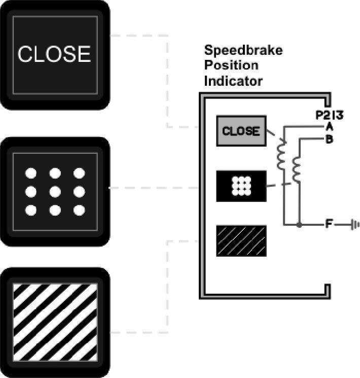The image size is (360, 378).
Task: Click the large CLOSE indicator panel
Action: [55, 55]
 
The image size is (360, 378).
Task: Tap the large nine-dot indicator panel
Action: [55, 192]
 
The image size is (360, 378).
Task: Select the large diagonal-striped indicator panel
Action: [55, 322]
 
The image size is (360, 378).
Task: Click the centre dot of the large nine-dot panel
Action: [55, 192]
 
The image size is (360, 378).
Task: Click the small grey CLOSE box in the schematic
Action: [241, 131]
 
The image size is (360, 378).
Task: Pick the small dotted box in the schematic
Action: [241, 186]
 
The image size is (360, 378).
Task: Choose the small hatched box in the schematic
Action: [241, 240]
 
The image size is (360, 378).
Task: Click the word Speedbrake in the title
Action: [243, 50]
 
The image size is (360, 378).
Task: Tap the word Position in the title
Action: [231, 65]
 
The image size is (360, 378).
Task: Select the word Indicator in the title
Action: [233, 81]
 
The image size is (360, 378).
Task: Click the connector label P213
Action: [330, 115]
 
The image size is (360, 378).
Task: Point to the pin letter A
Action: [329, 125]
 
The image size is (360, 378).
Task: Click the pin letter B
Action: [329, 139]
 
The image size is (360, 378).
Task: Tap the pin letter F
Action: [329, 224]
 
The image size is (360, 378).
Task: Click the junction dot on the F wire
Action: [299, 224]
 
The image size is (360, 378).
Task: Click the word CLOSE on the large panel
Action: [55, 54]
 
